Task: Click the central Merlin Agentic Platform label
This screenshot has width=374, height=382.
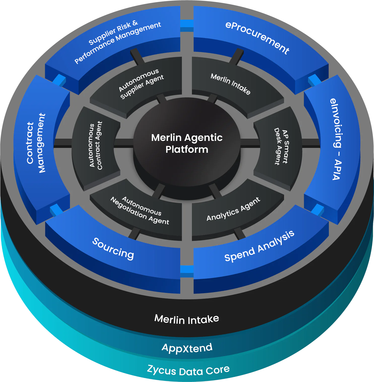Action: [x=187, y=143]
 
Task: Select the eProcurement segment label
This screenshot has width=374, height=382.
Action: [x=257, y=38]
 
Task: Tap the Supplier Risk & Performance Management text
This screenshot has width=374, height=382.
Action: [x=118, y=41]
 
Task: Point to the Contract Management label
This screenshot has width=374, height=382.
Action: [x=36, y=143]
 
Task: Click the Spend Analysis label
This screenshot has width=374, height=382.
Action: [x=259, y=246]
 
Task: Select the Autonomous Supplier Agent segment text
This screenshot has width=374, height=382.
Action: [x=142, y=84]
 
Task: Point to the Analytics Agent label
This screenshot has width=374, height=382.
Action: [x=233, y=209]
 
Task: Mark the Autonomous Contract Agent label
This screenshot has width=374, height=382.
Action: [x=96, y=145]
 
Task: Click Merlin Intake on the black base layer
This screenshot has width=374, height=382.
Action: [x=187, y=319]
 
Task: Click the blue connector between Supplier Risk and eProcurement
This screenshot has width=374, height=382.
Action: [x=187, y=26]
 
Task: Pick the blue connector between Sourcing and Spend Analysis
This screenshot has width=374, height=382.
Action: [x=187, y=271]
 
